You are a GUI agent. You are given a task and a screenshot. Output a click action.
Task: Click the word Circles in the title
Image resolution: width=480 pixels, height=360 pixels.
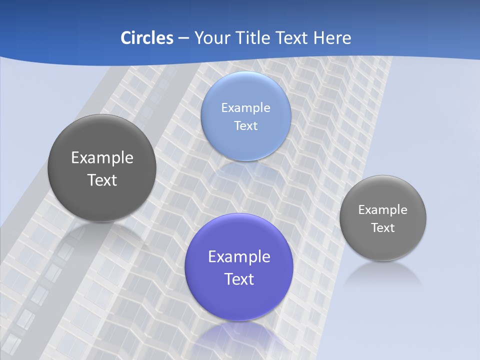(146, 38)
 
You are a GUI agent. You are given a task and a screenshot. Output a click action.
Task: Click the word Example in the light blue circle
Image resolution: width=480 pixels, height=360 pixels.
(245, 108)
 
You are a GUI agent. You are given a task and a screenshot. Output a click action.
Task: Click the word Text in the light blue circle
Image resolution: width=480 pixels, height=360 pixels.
(245, 126)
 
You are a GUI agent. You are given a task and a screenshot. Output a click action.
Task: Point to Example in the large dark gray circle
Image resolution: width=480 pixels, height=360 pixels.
(102, 158)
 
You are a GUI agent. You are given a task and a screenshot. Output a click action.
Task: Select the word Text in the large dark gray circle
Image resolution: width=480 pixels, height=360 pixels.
(102, 180)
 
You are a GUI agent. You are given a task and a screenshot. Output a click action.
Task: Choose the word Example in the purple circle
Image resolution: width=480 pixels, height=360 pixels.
(239, 257)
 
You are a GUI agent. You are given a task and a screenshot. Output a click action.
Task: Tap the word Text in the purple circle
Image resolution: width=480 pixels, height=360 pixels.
(239, 279)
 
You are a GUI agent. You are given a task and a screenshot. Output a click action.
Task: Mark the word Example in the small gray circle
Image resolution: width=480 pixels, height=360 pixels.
(382, 210)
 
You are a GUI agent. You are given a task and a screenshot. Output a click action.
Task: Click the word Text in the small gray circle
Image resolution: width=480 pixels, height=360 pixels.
(382, 228)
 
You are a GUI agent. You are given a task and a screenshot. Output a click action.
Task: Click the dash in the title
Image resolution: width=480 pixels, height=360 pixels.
(183, 38)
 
